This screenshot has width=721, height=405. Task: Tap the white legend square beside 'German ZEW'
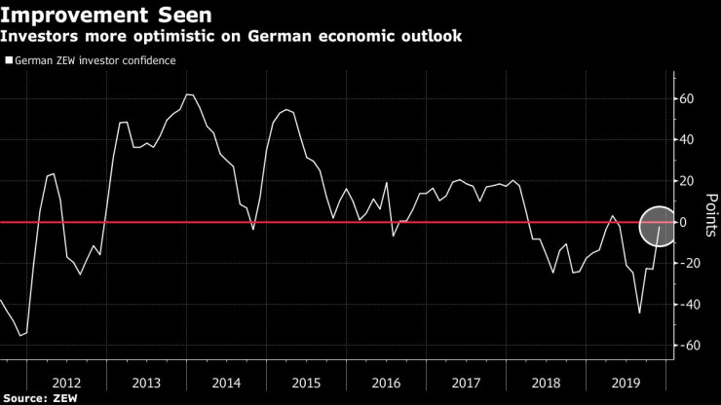[9, 60]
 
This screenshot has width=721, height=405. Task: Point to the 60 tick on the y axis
[686, 99]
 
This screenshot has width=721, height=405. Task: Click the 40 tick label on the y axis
[686, 140]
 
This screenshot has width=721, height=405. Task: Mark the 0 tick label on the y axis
[686, 222]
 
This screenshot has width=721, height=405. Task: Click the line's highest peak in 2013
[189, 94]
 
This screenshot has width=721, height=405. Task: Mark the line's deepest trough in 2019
[639, 313]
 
